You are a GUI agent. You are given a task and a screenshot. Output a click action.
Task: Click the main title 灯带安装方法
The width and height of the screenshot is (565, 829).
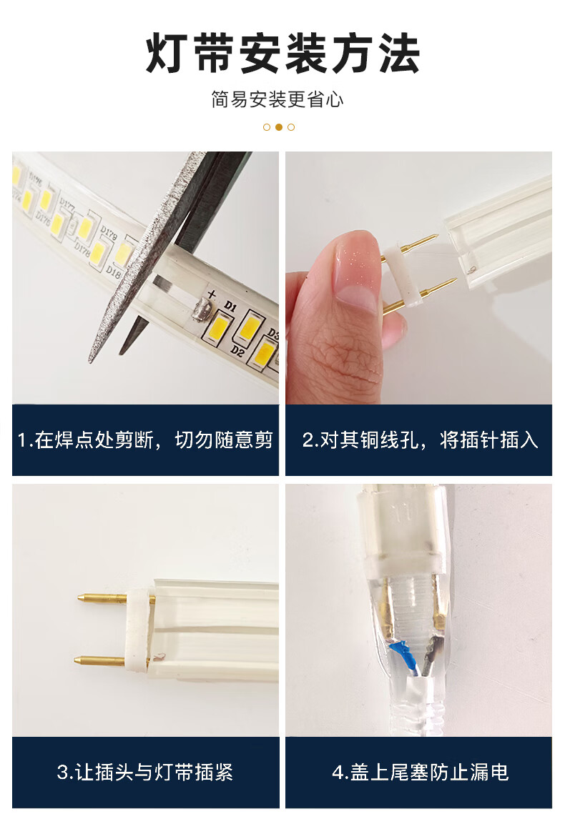pos(282,53)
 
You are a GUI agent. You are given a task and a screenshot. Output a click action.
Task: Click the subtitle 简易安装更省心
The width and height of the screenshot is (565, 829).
pos(277,99)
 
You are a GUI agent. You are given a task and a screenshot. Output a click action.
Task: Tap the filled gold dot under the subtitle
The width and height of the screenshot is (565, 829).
pos(279,127)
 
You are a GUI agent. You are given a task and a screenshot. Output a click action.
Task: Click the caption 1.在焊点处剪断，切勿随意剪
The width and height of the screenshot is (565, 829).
pos(145,440)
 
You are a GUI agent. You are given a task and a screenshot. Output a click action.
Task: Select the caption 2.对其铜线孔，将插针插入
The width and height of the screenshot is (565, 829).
pos(420,440)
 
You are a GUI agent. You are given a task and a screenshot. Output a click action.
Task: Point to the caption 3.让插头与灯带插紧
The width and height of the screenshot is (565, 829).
pos(145,772)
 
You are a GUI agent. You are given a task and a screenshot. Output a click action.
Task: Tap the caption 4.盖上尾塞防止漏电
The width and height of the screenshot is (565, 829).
pos(420,772)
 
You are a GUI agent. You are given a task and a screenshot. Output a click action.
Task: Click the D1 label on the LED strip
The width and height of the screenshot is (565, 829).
pos(230,306)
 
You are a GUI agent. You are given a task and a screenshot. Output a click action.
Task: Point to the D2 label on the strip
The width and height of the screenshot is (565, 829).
pos(237,351)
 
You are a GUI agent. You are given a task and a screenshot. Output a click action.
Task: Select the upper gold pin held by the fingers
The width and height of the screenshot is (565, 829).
pos(418,244)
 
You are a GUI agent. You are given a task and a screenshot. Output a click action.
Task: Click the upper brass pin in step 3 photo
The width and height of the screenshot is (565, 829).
pos(106,598)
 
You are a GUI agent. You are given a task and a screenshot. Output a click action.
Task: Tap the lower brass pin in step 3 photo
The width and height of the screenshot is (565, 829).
pos(100,660)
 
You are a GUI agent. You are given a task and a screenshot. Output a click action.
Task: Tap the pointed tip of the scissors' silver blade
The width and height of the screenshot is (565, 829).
pos(91,362)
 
